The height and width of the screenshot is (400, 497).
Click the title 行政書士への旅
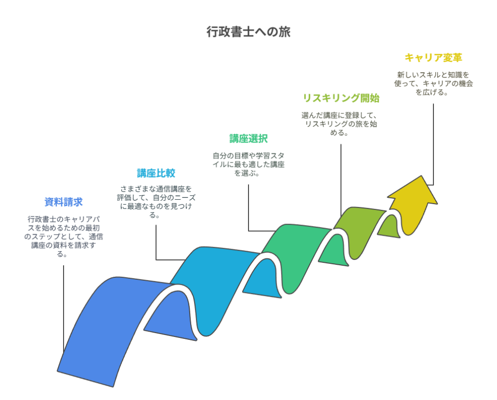(248, 32)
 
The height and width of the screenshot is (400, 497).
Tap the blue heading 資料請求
(64, 202)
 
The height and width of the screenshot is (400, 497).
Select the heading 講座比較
(156, 173)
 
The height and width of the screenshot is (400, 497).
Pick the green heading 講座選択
(248, 139)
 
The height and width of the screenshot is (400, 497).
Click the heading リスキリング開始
(341, 98)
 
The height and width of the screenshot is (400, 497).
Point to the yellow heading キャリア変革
(433, 58)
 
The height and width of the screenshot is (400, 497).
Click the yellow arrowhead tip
(422, 176)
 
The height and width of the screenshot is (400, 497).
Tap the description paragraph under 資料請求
(64, 237)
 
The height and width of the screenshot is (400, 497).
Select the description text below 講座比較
(156, 202)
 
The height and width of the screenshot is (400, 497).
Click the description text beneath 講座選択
(248, 164)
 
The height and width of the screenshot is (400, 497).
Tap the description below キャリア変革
(433, 83)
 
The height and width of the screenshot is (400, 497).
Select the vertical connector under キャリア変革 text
(433, 144)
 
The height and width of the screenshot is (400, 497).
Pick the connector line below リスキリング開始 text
(341, 180)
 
